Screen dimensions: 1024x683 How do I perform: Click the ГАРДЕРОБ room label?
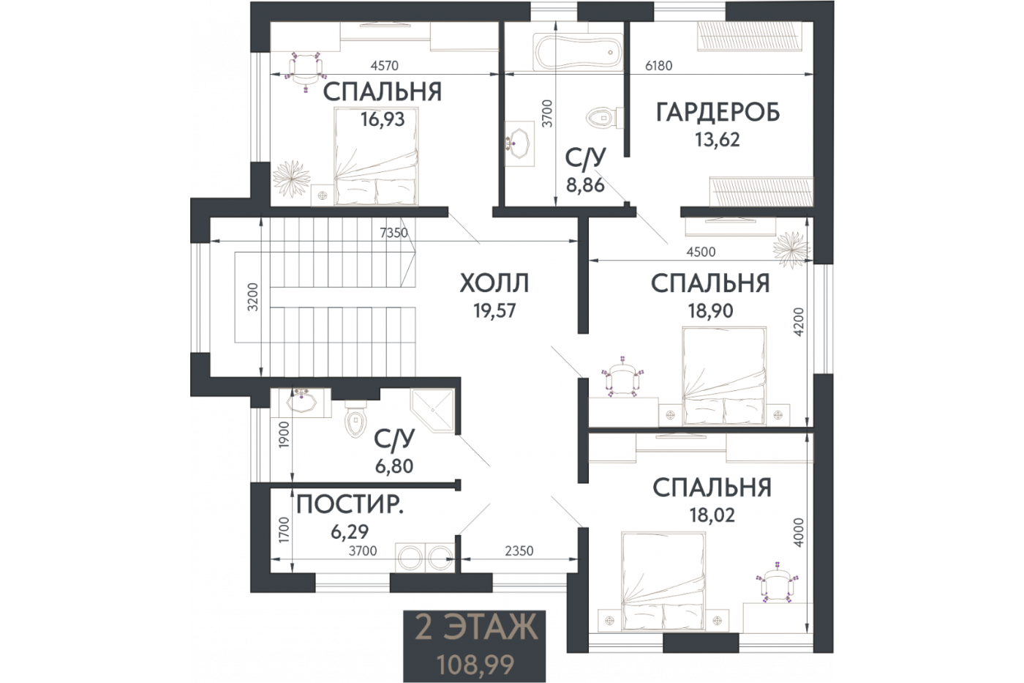pyautogui.click(x=718, y=113)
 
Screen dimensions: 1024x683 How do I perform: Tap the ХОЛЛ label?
pyautogui.click(x=494, y=283)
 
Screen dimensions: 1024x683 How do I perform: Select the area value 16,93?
pyautogui.click(x=383, y=120)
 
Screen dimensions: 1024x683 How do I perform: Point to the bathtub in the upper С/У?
pyautogui.click(x=579, y=52)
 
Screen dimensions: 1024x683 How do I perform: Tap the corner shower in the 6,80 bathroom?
pyautogui.click(x=432, y=411)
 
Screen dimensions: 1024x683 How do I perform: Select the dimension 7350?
pyautogui.click(x=394, y=233)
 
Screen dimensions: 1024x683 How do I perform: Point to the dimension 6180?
pyautogui.click(x=659, y=66)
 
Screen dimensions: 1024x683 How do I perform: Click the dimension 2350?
pyautogui.click(x=519, y=550)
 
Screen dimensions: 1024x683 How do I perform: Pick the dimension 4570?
pyautogui.click(x=385, y=66)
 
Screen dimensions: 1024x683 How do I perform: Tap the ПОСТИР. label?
pyautogui.click(x=350, y=505)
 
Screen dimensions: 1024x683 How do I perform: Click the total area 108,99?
pyautogui.click(x=475, y=665)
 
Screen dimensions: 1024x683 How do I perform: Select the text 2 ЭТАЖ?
pyautogui.click(x=475, y=627)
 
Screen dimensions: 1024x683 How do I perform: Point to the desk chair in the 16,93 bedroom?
pyautogui.click(x=306, y=72)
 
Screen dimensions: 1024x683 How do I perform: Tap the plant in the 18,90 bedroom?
pyautogui.click(x=791, y=250)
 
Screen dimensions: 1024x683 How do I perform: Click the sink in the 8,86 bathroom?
pyautogui.click(x=519, y=143)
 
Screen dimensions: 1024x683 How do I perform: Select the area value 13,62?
pyautogui.click(x=718, y=140)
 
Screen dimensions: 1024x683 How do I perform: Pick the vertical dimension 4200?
pyautogui.click(x=798, y=321)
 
